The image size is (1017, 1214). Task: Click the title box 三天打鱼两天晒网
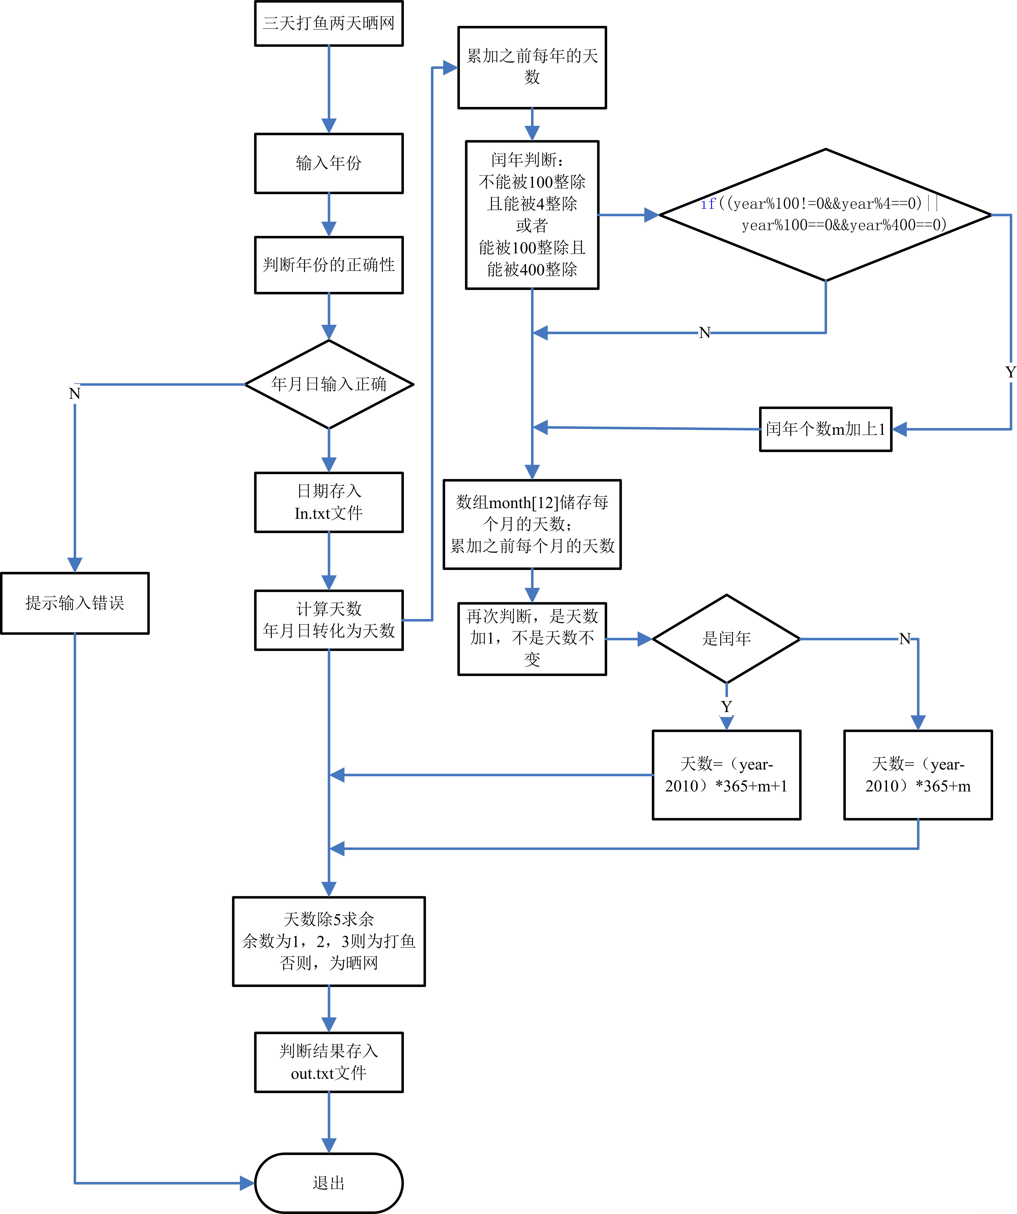pos(329,23)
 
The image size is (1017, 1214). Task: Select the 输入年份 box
pos(329,163)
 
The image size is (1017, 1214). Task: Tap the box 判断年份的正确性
pos(329,265)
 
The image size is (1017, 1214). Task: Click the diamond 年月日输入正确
pos(329,384)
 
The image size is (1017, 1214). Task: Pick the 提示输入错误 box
pos(75,603)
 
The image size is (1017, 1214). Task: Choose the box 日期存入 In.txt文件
pos(329,502)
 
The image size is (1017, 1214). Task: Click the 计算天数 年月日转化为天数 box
pos(329,620)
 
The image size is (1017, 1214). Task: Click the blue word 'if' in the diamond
pos(708,203)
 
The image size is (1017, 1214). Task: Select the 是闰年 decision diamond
pos(726,639)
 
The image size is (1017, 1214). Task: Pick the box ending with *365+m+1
pos(726,775)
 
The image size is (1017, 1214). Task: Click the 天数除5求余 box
pos(329,941)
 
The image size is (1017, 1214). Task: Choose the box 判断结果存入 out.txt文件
pos(329,1062)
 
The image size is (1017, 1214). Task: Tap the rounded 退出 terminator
pos(329,1183)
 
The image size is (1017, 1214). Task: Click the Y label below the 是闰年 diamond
pos(726,706)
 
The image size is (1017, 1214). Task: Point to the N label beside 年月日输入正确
pos(75,394)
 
